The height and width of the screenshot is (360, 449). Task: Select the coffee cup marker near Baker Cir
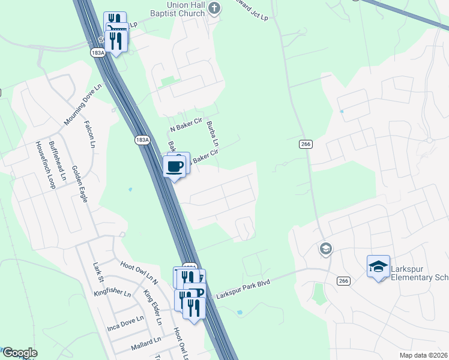click(x=174, y=166)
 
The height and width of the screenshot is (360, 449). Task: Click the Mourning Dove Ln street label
click(x=83, y=104)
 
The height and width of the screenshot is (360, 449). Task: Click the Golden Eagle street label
click(x=80, y=184)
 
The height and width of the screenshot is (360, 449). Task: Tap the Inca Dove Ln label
click(x=125, y=324)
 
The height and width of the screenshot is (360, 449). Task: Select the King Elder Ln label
click(x=152, y=307)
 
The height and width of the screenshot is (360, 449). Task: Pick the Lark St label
click(x=98, y=268)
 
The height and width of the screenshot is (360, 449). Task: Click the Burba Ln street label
click(x=212, y=134)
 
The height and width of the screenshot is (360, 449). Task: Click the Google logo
click(x=19, y=353)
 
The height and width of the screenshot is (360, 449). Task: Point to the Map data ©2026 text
click(x=423, y=355)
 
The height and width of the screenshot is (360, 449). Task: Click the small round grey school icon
click(x=326, y=249)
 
